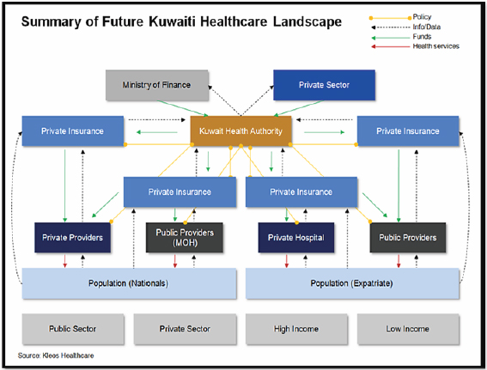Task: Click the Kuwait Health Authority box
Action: pyautogui.click(x=240, y=131)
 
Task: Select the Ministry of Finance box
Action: pyautogui.click(x=157, y=85)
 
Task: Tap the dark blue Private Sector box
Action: pyautogui.click(x=324, y=85)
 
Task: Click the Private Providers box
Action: pyautogui.click(x=72, y=238)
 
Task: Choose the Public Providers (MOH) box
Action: pyautogui.click(x=185, y=238)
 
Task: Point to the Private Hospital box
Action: pyautogui.click(x=296, y=238)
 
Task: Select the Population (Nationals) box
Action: pyautogui.click(x=129, y=283)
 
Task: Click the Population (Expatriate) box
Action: pyautogui.click(x=352, y=283)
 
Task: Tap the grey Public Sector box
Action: pyautogui.click(x=73, y=329)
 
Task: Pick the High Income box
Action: pyautogui.click(x=296, y=329)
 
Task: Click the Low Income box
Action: pyautogui.click(x=408, y=329)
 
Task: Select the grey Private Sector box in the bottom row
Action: pyautogui.click(x=185, y=329)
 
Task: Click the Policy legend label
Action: pyautogui.click(x=422, y=17)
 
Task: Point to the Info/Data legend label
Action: pyautogui.click(x=426, y=27)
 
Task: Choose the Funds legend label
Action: pyautogui.click(x=422, y=37)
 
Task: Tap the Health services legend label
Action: pyautogui.click(x=436, y=46)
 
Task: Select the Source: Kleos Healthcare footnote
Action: pyautogui.click(x=56, y=355)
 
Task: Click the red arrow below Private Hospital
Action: pyautogui.click(x=287, y=261)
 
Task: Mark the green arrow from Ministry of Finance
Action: pyautogui.click(x=183, y=108)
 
